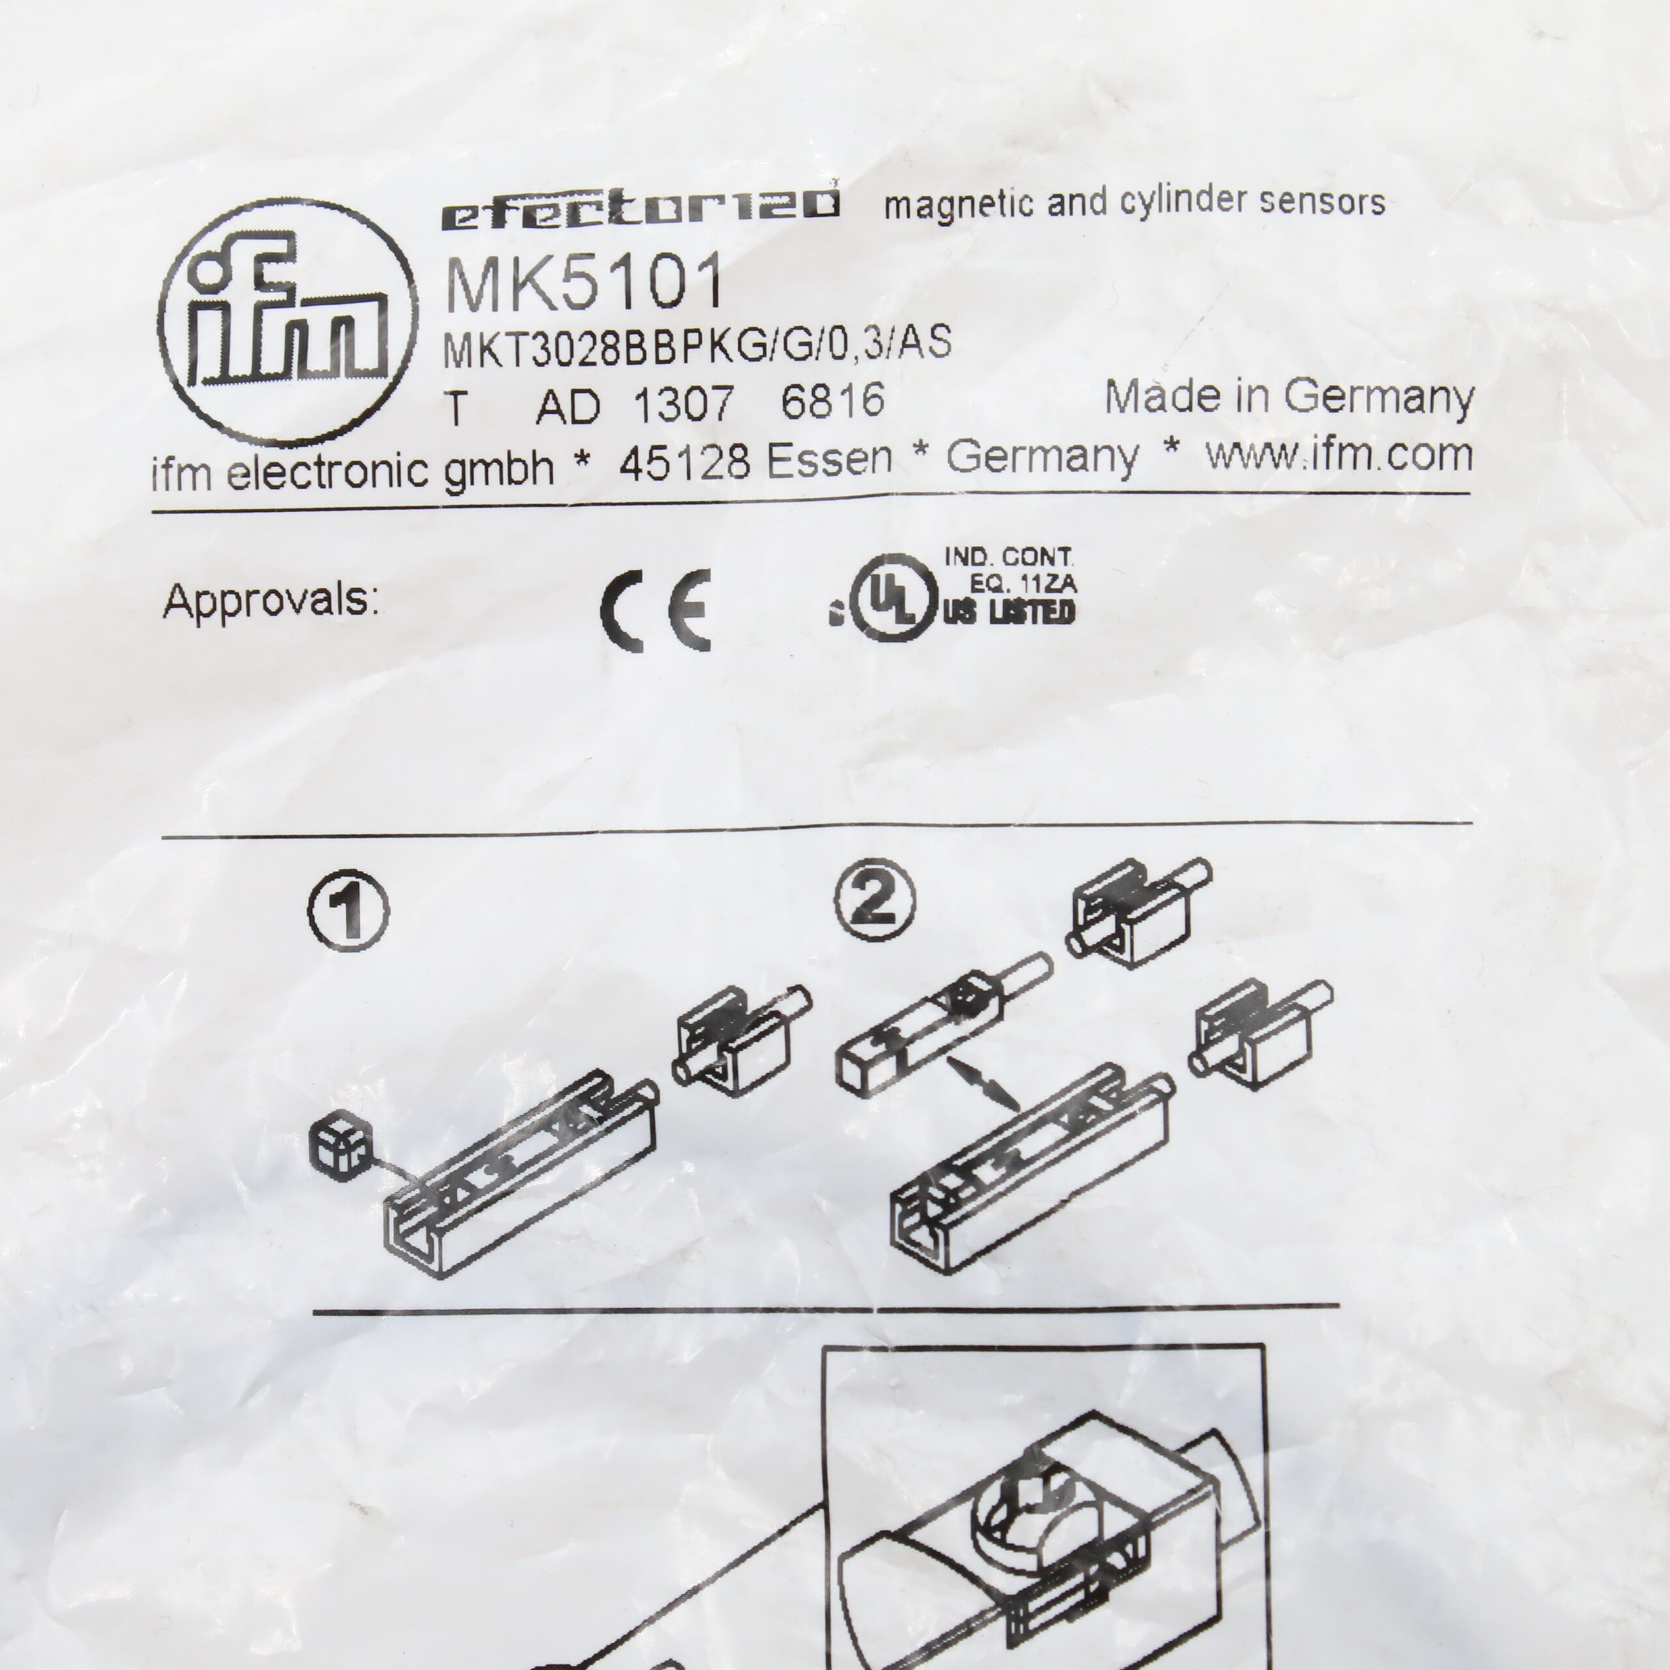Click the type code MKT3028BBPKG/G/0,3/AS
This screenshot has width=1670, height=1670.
(697, 346)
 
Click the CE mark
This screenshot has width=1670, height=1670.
(655, 610)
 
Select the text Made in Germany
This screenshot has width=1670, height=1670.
(1290, 398)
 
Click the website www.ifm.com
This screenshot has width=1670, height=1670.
(1340, 455)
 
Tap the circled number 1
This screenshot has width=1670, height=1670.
(348, 910)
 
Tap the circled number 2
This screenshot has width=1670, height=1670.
(875, 900)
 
